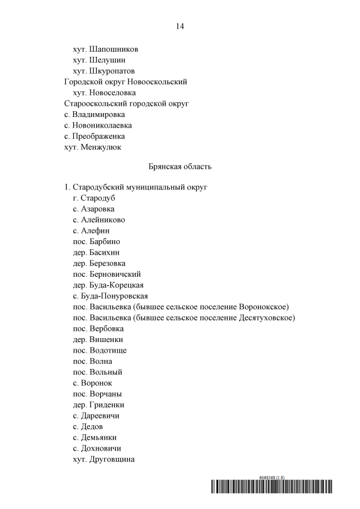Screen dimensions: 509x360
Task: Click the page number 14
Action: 180,26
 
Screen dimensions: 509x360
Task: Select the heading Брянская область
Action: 180,166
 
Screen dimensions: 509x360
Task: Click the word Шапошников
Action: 114,49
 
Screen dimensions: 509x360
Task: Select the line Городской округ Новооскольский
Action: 125,82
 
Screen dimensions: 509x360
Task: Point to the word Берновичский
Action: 115,274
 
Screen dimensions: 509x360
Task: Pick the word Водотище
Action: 108,350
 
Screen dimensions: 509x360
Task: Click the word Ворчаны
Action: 106,394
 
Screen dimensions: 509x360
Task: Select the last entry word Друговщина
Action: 112,460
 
